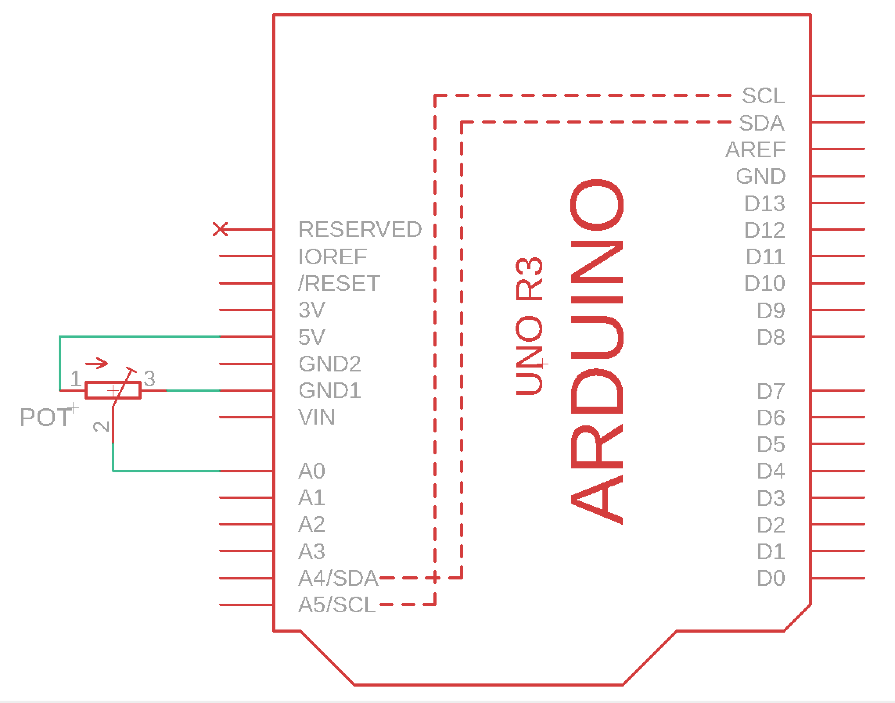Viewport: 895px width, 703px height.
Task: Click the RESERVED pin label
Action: pyautogui.click(x=360, y=229)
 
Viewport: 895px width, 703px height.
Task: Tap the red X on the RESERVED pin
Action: pyautogui.click(x=220, y=229)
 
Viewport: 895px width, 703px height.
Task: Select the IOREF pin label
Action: pyautogui.click(x=332, y=257)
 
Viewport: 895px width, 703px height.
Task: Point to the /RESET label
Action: pyautogui.click(x=339, y=283)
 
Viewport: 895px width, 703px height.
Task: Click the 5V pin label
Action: pyautogui.click(x=312, y=337)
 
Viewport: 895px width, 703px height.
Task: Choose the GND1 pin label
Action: pyautogui.click(x=330, y=391)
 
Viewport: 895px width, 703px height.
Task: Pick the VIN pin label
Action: pyautogui.click(x=316, y=417)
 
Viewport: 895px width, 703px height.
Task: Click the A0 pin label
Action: pyautogui.click(x=312, y=471)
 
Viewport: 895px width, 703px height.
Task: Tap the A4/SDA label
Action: pyautogui.click(x=338, y=578)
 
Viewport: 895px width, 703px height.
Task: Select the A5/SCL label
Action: pyautogui.click(x=337, y=605)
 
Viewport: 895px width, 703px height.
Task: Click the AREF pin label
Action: pyautogui.click(x=755, y=149)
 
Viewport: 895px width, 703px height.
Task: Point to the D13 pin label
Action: pyautogui.click(x=764, y=203)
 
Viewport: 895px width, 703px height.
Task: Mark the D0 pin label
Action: pyautogui.click(x=771, y=578)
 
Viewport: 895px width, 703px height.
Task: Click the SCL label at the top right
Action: pyautogui.click(x=763, y=96)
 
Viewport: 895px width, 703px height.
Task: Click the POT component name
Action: pyautogui.click(x=46, y=417)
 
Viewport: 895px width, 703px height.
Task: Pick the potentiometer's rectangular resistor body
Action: pyautogui.click(x=113, y=391)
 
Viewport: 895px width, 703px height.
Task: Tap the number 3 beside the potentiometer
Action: pyautogui.click(x=149, y=378)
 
